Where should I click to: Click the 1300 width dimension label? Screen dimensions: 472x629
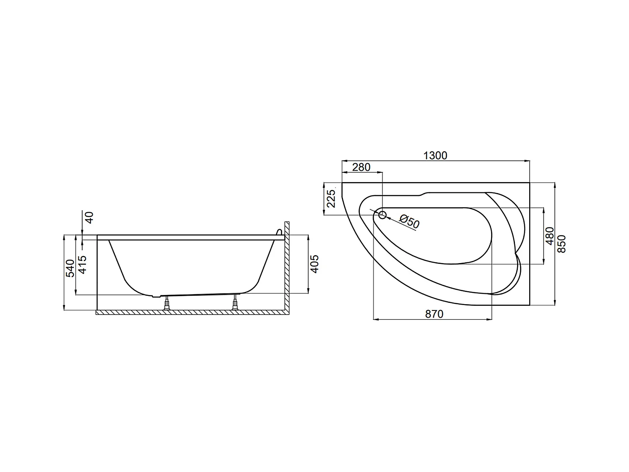435,156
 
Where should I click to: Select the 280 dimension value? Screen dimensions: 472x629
361,167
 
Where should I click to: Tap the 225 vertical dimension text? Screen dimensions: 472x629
331,199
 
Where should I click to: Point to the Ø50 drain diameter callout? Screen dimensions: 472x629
409,222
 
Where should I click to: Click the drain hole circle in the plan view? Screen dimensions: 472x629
382,215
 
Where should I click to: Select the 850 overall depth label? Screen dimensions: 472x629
562,243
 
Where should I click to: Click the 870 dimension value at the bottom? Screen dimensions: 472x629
434,314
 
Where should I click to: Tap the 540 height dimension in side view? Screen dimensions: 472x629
70,268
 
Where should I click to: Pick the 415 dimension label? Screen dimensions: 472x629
83,264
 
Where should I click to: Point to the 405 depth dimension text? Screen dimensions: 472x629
315,264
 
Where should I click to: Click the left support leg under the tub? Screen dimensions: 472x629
167,303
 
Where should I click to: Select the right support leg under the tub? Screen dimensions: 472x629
235,302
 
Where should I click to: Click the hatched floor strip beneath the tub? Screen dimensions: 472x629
189,313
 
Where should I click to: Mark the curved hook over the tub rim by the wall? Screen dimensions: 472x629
278,232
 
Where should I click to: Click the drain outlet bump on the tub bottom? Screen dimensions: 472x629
156,296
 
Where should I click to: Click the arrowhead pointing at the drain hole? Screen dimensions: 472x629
388,218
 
